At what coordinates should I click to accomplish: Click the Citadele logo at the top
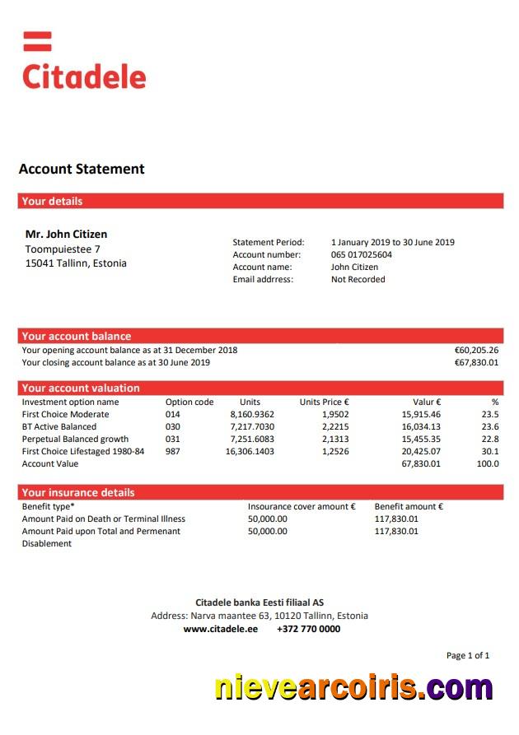click(x=83, y=63)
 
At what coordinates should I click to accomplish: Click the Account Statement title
click(x=82, y=170)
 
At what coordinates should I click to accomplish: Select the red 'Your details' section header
click(x=259, y=201)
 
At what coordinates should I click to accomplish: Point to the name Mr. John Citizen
click(x=66, y=235)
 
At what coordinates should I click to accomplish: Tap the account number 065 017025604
click(x=362, y=255)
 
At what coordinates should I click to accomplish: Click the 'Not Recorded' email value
click(x=358, y=280)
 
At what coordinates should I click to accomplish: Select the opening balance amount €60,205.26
click(x=476, y=350)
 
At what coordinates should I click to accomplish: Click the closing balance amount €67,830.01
click(x=476, y=362)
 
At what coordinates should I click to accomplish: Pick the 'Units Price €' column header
click(x=324, y=402)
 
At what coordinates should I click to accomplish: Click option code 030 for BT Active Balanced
click(x=173, y=427)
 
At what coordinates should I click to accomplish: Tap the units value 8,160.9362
click(x=251, y=415)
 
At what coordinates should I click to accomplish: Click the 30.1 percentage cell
click(x=489, y=452)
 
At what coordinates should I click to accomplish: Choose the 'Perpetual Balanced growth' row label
click(x=75, y=440)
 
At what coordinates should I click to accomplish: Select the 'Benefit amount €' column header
click(x=409, y=507)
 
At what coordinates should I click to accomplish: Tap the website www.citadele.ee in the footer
click(x=220, y=629)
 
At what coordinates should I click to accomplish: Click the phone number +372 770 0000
click(x=308, y=629)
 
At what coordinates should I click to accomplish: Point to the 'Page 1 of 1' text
click(x=467, y=656)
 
